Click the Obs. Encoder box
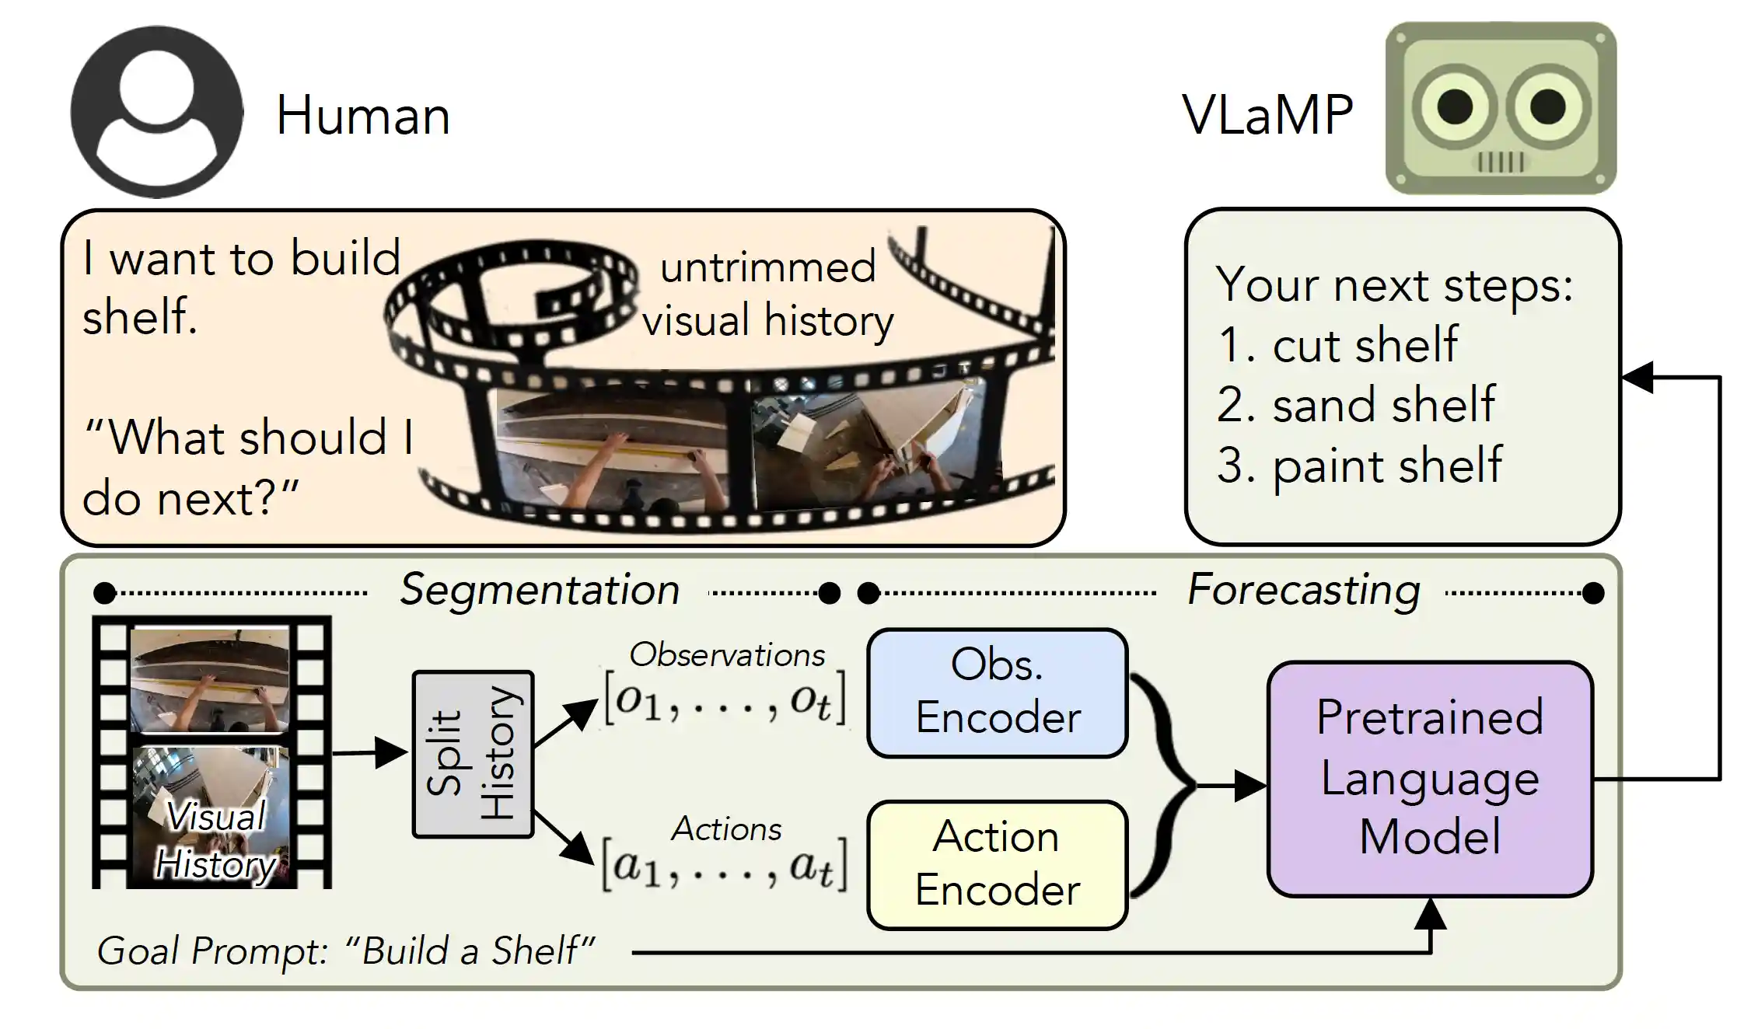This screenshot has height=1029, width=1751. point(997,692)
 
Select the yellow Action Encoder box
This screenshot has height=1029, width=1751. point(997,864)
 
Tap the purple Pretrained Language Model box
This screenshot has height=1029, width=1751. point(1429,777)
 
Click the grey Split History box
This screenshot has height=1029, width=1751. point(473,754)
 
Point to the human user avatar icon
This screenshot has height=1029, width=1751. point(156,111)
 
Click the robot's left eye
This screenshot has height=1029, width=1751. point(1455,106)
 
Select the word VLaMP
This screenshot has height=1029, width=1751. point(1267,115)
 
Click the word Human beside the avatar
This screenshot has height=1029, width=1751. point(363,116)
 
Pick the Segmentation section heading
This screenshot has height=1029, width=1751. point(540,589)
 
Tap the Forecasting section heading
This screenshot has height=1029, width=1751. point(1304,589)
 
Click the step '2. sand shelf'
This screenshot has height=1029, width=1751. point(1355,404)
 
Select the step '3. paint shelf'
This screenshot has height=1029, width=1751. point(1359,465)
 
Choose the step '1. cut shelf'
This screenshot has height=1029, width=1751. point(1337,344)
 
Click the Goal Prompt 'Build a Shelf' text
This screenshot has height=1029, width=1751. point(345,951)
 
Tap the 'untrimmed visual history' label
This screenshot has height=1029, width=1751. point(767,294)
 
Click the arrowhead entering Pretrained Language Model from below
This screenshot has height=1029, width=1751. point(1430,915)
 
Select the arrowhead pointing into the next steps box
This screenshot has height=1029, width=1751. point(1637,378)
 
